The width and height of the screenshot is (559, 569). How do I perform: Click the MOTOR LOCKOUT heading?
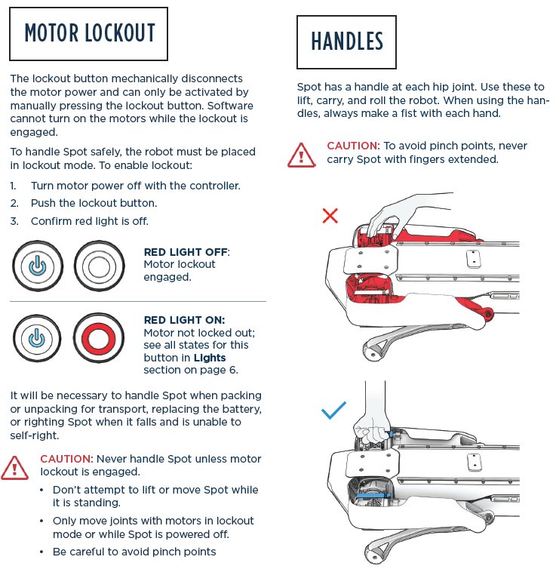(89, 33)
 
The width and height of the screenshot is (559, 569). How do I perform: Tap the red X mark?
(330, 216)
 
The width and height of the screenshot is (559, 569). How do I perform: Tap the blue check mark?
(333, 411)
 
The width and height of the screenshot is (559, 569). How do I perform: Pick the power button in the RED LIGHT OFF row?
(36, 266)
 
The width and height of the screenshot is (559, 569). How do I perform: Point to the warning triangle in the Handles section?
(302, 155)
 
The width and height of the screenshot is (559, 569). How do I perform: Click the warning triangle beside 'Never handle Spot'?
(15, 468)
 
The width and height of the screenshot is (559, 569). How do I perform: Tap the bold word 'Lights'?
(209, 357)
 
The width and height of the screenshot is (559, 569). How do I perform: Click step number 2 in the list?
(14, 203)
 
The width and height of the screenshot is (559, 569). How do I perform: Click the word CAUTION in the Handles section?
(352, 145)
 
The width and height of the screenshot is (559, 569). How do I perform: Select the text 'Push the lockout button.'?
(94, 203)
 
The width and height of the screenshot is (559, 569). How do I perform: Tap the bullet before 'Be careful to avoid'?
(42, 552)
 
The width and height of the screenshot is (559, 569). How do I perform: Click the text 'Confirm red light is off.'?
(90, 221)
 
